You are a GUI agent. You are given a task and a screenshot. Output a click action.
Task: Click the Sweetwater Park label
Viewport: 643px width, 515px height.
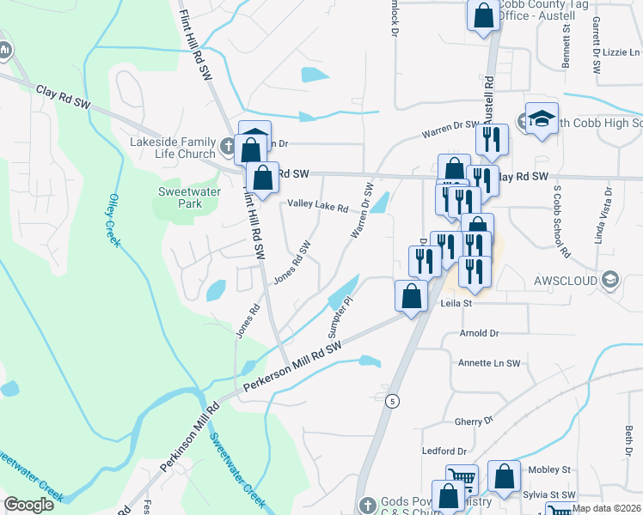click(x=180, y=197)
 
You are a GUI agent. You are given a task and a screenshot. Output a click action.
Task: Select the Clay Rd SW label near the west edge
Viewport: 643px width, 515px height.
click(x=63, y=96)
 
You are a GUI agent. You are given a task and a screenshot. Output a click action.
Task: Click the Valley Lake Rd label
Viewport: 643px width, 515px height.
click(x=317, y=207)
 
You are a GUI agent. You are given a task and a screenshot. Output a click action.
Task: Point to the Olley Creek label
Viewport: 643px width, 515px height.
click(x=113, y=218)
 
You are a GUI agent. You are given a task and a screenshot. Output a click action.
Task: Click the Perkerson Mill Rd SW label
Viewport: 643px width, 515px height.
click(x=292, y=367)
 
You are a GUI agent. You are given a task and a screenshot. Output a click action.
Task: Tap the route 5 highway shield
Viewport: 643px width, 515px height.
click(x=392, y=401)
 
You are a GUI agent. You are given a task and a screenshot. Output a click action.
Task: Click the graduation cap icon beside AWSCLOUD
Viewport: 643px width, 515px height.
click(x=610, y=280)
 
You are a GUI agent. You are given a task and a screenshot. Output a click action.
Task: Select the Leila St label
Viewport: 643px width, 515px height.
click(x=456, y=303)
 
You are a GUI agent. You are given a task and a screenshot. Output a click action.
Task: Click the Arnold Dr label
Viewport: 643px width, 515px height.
click(x=479, y=333)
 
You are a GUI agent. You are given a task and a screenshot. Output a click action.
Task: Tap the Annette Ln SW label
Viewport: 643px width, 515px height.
click(x=489, y=363)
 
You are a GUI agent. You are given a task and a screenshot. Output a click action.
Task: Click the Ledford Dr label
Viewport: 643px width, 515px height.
click(x=444, y=451)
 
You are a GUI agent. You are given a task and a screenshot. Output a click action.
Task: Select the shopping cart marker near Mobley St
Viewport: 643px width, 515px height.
click(x=462, y=478)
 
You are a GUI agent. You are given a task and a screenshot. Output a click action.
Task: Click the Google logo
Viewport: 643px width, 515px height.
click(x=29, y=505)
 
